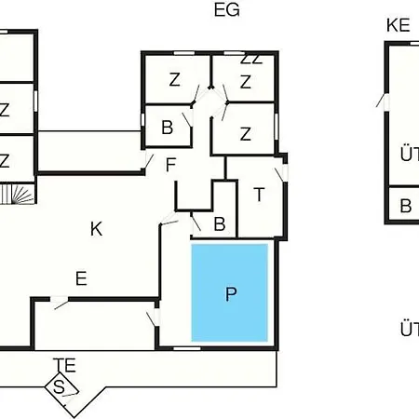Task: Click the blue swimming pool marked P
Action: pos(230,292)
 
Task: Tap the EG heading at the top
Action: pos(227,10)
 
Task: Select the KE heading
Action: pos(399,25)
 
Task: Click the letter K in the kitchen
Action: pos(96,229)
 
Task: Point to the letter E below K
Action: pos(81,278)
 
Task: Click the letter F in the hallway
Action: pos(170,165)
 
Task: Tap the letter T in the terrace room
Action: pos(259,195)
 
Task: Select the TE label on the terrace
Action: pos(64,365)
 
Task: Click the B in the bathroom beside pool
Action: pos(220,223)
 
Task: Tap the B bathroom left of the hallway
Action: pos(168,128)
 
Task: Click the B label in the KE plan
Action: pos(406,206)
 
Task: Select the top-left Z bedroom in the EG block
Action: pos(175,79)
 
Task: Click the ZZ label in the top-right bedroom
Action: pos(251,60)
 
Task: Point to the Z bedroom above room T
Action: pos(246,134)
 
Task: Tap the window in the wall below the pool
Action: pos(187,348)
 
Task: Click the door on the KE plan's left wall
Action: pos(384,101)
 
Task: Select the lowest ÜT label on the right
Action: pos(410,330)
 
